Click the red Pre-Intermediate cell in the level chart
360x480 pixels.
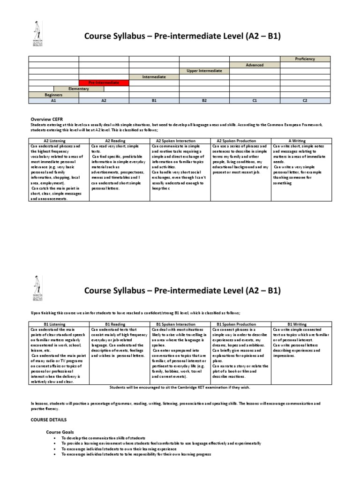(104, 82)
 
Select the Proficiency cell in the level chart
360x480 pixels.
(305, 59)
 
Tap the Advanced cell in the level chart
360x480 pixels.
(255, 65)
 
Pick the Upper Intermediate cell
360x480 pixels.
(204, 71)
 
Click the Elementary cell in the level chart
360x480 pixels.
(79, 89)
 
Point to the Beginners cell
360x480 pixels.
(53, 95)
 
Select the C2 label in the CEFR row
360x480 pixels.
(305, 100)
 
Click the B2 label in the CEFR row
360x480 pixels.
(204, 100)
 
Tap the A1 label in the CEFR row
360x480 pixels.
(53, 100)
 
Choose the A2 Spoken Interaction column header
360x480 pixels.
(180, 140)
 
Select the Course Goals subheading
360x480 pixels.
(60, 431)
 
